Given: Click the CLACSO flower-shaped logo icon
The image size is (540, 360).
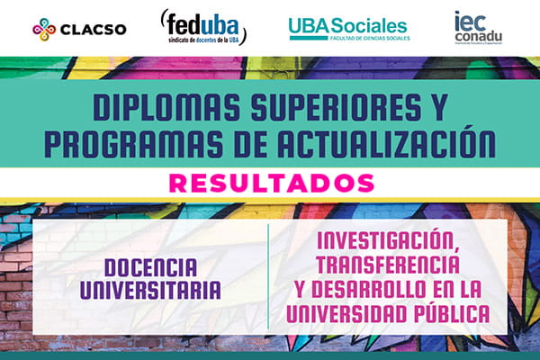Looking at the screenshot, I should coord(43,28).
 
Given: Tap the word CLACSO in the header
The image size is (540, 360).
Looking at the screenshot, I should coord(93,28).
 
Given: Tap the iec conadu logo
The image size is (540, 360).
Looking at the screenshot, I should coord(479,27).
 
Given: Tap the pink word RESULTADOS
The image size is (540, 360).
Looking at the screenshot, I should coord(270,183).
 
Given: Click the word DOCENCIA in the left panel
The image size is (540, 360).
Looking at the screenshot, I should coord(150,268).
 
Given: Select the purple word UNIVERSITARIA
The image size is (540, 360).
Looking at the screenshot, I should coord(150,290).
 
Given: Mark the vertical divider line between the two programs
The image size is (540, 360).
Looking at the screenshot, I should coord(268,276).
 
